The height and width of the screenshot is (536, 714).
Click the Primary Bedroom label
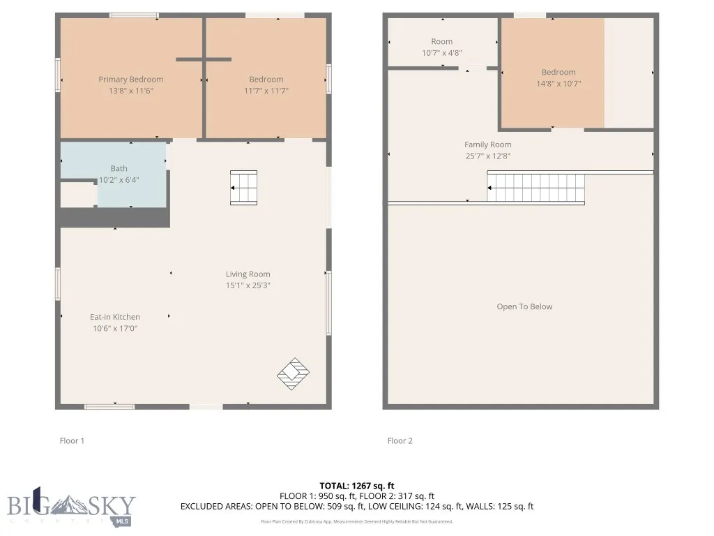point(130,80)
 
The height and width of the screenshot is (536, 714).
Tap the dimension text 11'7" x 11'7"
point(266,91)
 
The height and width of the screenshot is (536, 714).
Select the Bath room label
point(119,168)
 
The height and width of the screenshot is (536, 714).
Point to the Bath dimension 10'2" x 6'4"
point(119,179)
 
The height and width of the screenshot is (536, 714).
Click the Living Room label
point(248,274)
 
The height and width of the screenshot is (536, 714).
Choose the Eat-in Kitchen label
point(115,317)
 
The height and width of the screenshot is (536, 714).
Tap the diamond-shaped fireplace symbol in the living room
point(293,373)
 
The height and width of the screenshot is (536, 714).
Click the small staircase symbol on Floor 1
point(244,188)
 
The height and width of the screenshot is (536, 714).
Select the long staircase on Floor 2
point(535,188)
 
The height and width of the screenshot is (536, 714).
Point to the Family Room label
point(488,145)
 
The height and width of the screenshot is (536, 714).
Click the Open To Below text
point(524,307)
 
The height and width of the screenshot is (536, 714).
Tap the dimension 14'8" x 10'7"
point(559,84)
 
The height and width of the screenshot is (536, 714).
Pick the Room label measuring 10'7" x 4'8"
point(441,42)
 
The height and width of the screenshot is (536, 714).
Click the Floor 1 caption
point(72,441)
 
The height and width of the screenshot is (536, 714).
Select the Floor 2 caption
point(400,441)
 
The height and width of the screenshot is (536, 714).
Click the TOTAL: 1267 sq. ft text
point(357,486)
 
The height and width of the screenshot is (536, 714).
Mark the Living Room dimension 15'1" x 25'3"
point(248,285)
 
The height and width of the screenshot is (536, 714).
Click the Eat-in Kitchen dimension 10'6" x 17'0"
point(115,328)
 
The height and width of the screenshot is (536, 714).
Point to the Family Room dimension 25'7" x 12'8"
point(488,156)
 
